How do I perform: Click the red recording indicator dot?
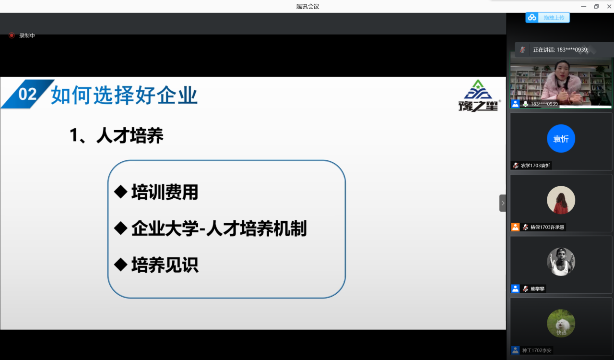[12, 36]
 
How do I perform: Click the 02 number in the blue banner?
[27, 94]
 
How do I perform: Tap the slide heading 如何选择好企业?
[124, 95]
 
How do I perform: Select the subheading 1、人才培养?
[117, 135]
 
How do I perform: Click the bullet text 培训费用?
[165, 192]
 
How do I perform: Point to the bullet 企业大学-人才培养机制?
[219, 228]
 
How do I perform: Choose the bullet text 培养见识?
[165, 265]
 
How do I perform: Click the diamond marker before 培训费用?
[120, 192]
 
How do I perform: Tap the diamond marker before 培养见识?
[120, 264]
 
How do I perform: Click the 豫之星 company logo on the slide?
[479, 96]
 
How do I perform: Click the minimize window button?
[584, 6]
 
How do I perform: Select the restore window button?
[596, 6]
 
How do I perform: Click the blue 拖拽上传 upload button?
[548, 18]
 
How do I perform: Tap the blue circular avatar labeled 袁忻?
[561, 139]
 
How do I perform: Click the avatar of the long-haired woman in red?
[561, 200]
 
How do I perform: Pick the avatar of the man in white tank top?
[561, 262]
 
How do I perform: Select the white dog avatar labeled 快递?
[561, 323]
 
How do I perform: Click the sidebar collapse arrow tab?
[503, 203]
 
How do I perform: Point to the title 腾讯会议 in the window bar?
[307, 7]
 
